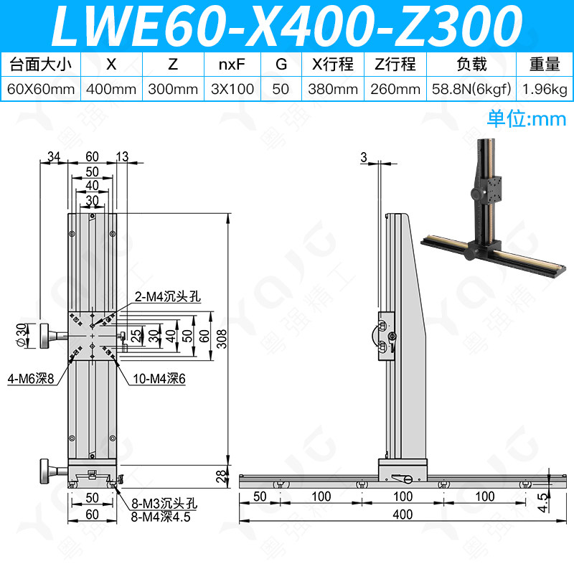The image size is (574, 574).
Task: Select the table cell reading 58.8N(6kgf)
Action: click(471, 89)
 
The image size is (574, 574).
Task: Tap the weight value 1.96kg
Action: click(545, 89)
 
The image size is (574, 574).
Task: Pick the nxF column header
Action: click(232, 65)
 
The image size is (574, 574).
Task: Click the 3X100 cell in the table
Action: click(232, 89)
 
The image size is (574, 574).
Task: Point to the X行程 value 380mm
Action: click(333, 89)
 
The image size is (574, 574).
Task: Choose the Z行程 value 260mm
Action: click(395, 89)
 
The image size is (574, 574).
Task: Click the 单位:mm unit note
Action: click(527, 119)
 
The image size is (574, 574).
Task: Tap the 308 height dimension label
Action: click(222, 339)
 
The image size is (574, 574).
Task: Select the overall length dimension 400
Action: click(403, 514)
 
